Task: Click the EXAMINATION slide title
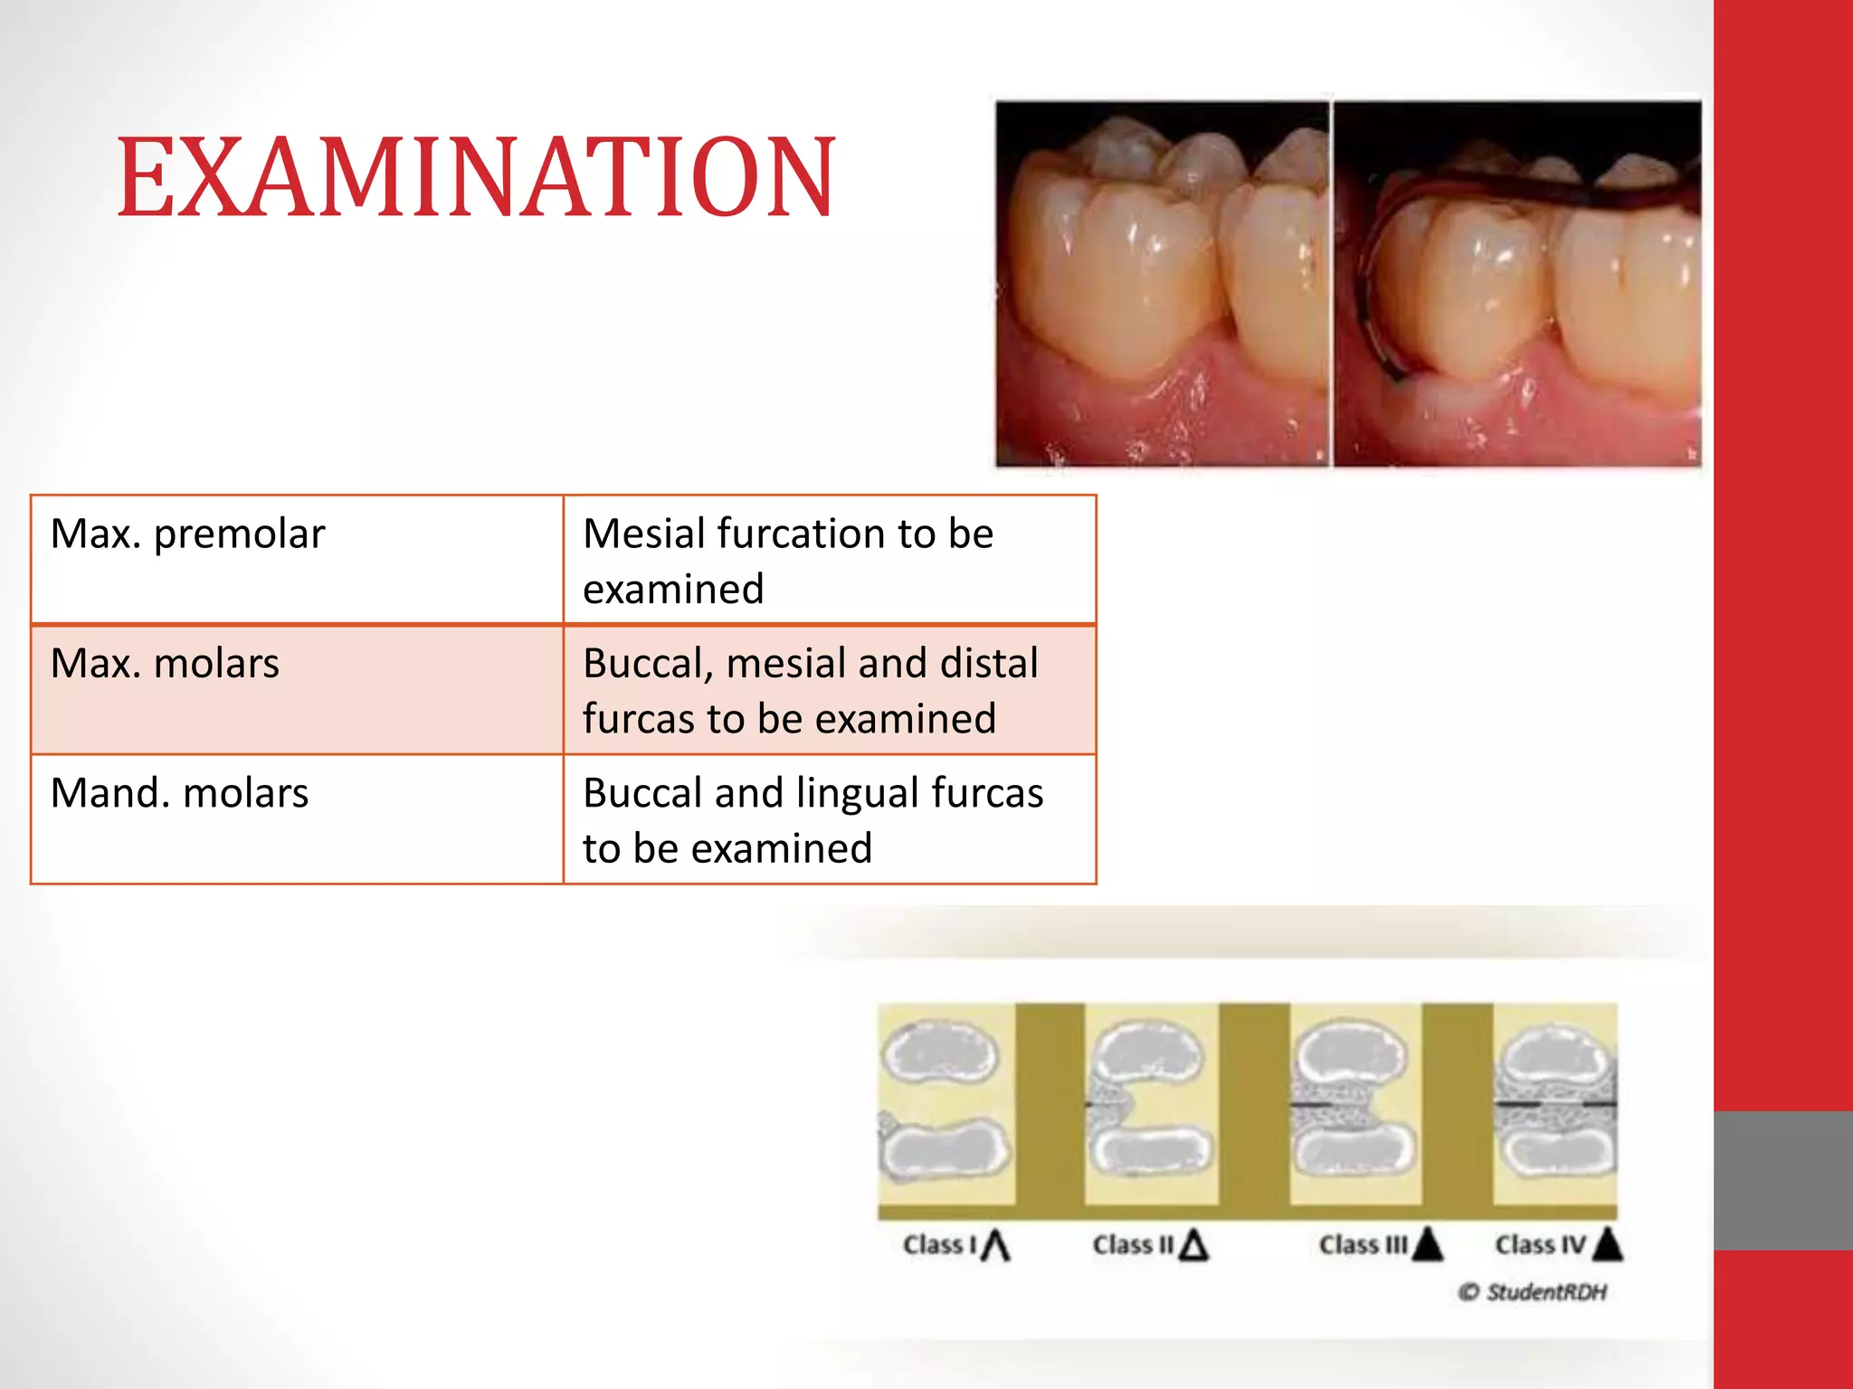pyautogui.click(x=476, y=177)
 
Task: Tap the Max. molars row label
pyautogui.click(x=165, y=663)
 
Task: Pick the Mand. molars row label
pyautogui.click(x=179, y=793)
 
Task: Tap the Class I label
pyautogui.click(x=939, y=1245)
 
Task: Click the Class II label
pyautogui.click(x=1133, y=1245)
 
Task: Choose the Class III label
pyautogui.click(x=1363, y=1245)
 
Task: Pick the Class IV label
pyautogui.click(x=1540, y=1245)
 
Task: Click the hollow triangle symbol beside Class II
pyautogui.click(x=1194, y=1246)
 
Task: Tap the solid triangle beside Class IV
pyautogui.click(x=1608, y=1245)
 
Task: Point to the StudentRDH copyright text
pyautogui.click(x=1533, y=1292)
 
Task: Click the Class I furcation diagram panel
pyautogui.click(x=946, y=1103)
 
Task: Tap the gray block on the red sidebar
pyautogui.click(x=1782, y=1180)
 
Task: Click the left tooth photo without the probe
pyautogui.click(x=1162, y=284)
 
